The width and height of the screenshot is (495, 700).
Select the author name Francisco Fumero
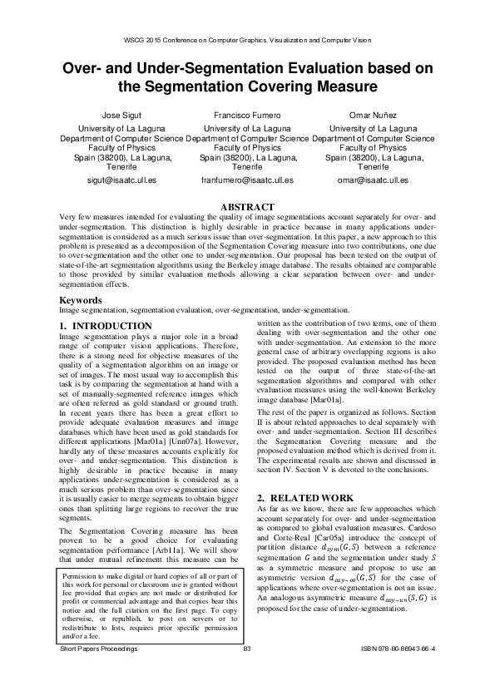248,116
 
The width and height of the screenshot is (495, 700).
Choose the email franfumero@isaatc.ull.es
248,180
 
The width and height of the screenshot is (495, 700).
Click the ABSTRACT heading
247,206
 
